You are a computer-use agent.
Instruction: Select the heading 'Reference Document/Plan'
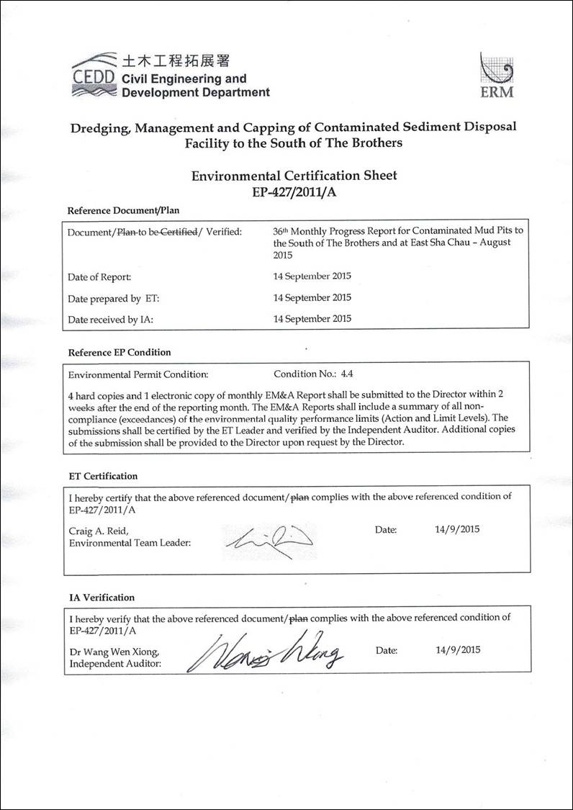tap(123, 211)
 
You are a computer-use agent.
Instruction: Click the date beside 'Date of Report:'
tap(312, 276)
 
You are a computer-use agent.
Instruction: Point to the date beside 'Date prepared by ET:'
tap(312, 297)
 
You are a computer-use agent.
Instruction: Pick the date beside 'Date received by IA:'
tap(312, 318)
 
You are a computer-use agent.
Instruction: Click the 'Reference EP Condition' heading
tap(119, 353)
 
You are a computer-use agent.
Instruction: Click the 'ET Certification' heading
tap(103, 476)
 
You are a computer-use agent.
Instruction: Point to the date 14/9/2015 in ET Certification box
tap(457, 529)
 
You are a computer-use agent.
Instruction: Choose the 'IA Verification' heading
tap(101, 598)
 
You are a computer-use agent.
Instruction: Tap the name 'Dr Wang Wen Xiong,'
tap(114, 652)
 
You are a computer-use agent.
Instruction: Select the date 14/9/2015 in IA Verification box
tap(457, 649)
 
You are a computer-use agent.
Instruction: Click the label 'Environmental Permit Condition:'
tap(137, 374)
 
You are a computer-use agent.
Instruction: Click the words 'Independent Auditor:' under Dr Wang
tap(115, 664)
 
